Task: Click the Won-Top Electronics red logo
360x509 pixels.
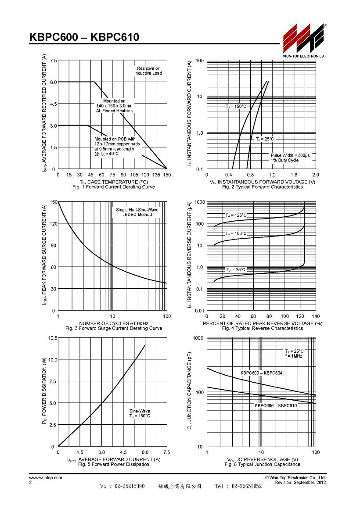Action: [303, 38]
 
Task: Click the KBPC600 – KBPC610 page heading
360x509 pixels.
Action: [84, 37]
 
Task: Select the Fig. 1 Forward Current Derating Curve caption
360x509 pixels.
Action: [114, 187]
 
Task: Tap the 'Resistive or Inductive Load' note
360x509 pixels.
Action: [148, 71]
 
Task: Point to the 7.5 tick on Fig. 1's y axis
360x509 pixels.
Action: [53, 61]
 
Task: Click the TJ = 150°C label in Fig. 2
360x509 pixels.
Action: [236, 107]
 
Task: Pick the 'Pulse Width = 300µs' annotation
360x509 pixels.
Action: [290, 155]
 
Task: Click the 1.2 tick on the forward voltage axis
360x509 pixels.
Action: [272, 175]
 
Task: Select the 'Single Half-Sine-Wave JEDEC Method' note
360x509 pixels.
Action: [137, 212]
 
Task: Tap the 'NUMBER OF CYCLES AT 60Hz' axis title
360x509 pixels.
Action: [114, 323]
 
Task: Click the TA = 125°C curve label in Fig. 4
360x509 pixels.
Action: [236, 215]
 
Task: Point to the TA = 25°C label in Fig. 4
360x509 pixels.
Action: [236, 269]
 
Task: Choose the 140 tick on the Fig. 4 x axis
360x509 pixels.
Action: [316, 316]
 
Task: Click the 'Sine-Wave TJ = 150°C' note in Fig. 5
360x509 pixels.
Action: [140, 413]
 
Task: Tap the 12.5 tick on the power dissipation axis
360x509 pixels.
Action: [53, 338]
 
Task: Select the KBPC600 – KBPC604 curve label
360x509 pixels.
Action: [262, 373]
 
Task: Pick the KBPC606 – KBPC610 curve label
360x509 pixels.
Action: [276, 405]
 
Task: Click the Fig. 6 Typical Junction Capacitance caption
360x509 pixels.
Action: [262, 465]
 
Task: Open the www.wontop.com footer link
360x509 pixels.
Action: [46, 478]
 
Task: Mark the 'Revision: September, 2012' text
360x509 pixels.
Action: [301, 483]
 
